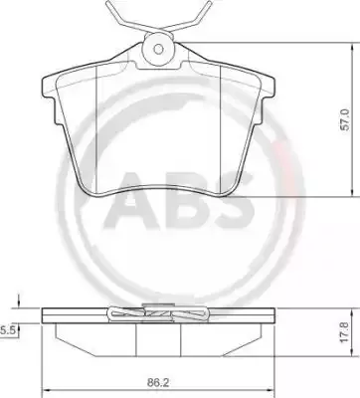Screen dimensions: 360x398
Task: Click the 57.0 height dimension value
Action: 346,119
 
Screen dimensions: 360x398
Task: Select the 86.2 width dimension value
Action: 158,383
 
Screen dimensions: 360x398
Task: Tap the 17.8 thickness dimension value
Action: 345,332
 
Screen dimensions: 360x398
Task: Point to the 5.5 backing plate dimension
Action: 6,330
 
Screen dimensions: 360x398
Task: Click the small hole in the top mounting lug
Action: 158,50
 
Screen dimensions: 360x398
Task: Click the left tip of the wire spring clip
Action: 106,3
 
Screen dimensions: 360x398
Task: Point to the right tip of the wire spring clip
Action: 210,3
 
